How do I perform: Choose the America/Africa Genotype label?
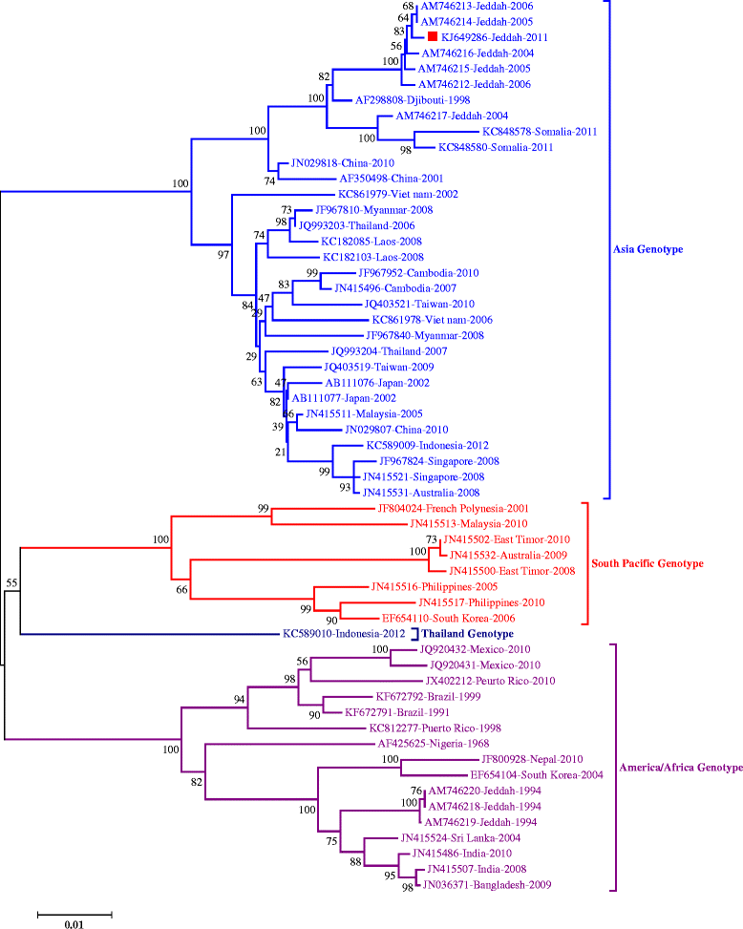tap(681, 768)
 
